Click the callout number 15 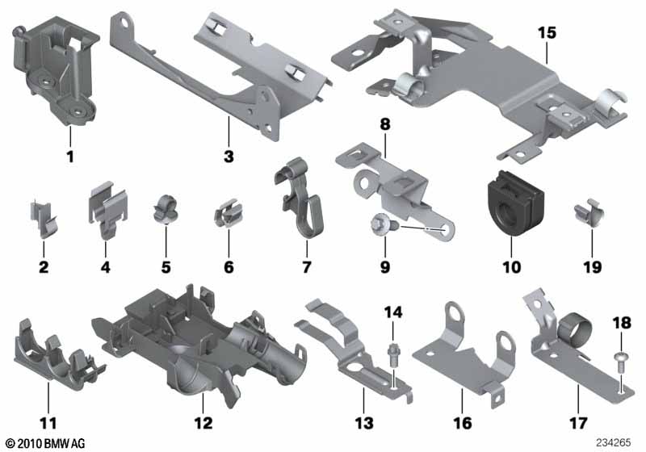(x=547, y=33)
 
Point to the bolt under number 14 (x=392, y=355)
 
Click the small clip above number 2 (x=44, y=219)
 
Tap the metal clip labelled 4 (x=107, y=210)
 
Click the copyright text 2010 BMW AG (x=45, y=443)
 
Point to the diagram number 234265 (x=613, y=442)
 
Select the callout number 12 (x=203, y=423)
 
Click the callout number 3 (x=229, y=157)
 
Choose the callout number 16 (x=462, y=423)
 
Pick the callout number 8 (x=385, y=124)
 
